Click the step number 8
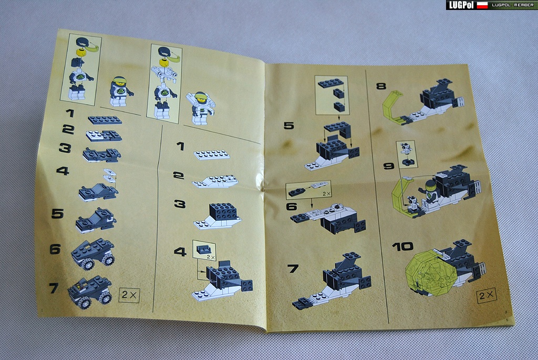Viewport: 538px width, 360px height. point(381,86)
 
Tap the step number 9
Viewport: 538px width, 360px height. point(388,166)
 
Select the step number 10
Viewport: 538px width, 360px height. point(402,246)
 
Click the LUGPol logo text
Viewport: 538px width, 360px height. point(461,5)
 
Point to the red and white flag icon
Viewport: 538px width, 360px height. point(482,5)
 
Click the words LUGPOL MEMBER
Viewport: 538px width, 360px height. point(513,5)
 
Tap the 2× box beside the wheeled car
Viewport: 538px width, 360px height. point(129,295)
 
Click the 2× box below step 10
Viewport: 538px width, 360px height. point(486,295)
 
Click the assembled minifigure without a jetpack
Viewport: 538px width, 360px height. point(120,91)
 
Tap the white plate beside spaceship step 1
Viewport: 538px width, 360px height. point(212,155)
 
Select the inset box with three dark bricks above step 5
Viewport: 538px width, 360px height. point(332,96)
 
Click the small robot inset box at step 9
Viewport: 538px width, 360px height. point(407,154)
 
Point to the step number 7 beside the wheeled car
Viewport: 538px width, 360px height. point(54,287)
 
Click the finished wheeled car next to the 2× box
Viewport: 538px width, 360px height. point(90,292)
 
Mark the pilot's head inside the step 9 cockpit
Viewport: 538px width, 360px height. point(430,186)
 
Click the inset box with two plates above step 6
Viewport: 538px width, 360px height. point(308,189)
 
